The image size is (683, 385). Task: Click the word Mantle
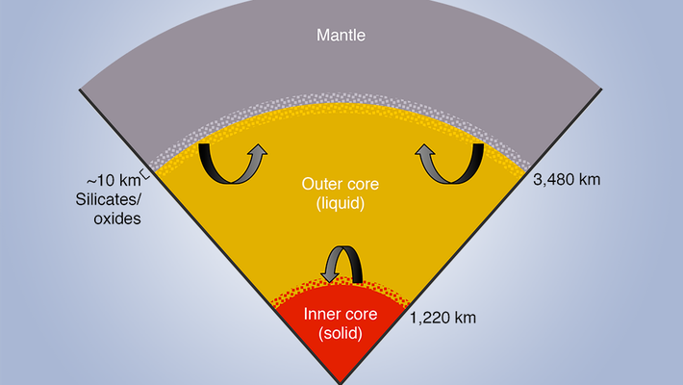click(x=342, y=38)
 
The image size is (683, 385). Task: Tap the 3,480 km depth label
click(x=573, y=180)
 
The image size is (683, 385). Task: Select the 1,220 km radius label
click(x=444, y=316)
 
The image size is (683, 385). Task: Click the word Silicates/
click(x=108, y=200)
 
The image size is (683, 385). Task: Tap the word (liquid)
click(x=341, y=205)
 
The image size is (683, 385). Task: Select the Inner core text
click(x=341, y=315)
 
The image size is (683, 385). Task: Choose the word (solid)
click(x=341, y=334)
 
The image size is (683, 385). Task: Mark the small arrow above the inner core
click(x=341, y=263)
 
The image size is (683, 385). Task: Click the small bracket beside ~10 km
click(x=144, y=173)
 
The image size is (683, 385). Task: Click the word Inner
click(x=323, y=315)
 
